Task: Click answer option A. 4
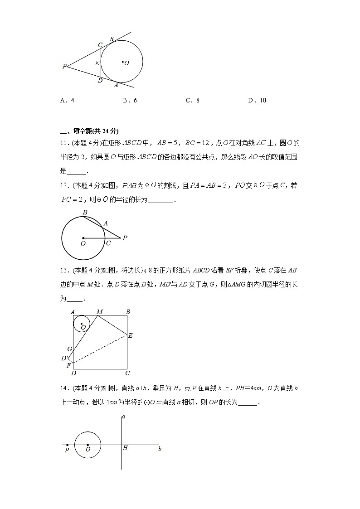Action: (x=67, y=101)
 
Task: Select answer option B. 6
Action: (x=130, y=101)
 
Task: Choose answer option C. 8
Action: (x=192, y=101)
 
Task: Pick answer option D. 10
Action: (x=257, y=101)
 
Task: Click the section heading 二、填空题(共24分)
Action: (x=89, y=131)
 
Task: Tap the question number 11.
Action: (x=64, y=144)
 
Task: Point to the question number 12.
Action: (x=64, y=186)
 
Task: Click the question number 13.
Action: (x=64, y=271)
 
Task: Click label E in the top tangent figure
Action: (x=97, y=63)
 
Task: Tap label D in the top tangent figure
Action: (x=100, y=80)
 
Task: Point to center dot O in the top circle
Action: (x=122, y=62)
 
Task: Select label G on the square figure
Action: (x=69, y=349)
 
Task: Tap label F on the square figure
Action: (x=69, y=365)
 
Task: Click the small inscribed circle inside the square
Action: (x=82, y=324)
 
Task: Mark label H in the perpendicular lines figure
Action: (x=125, y=448)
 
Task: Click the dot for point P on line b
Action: (x=68, y=445)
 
